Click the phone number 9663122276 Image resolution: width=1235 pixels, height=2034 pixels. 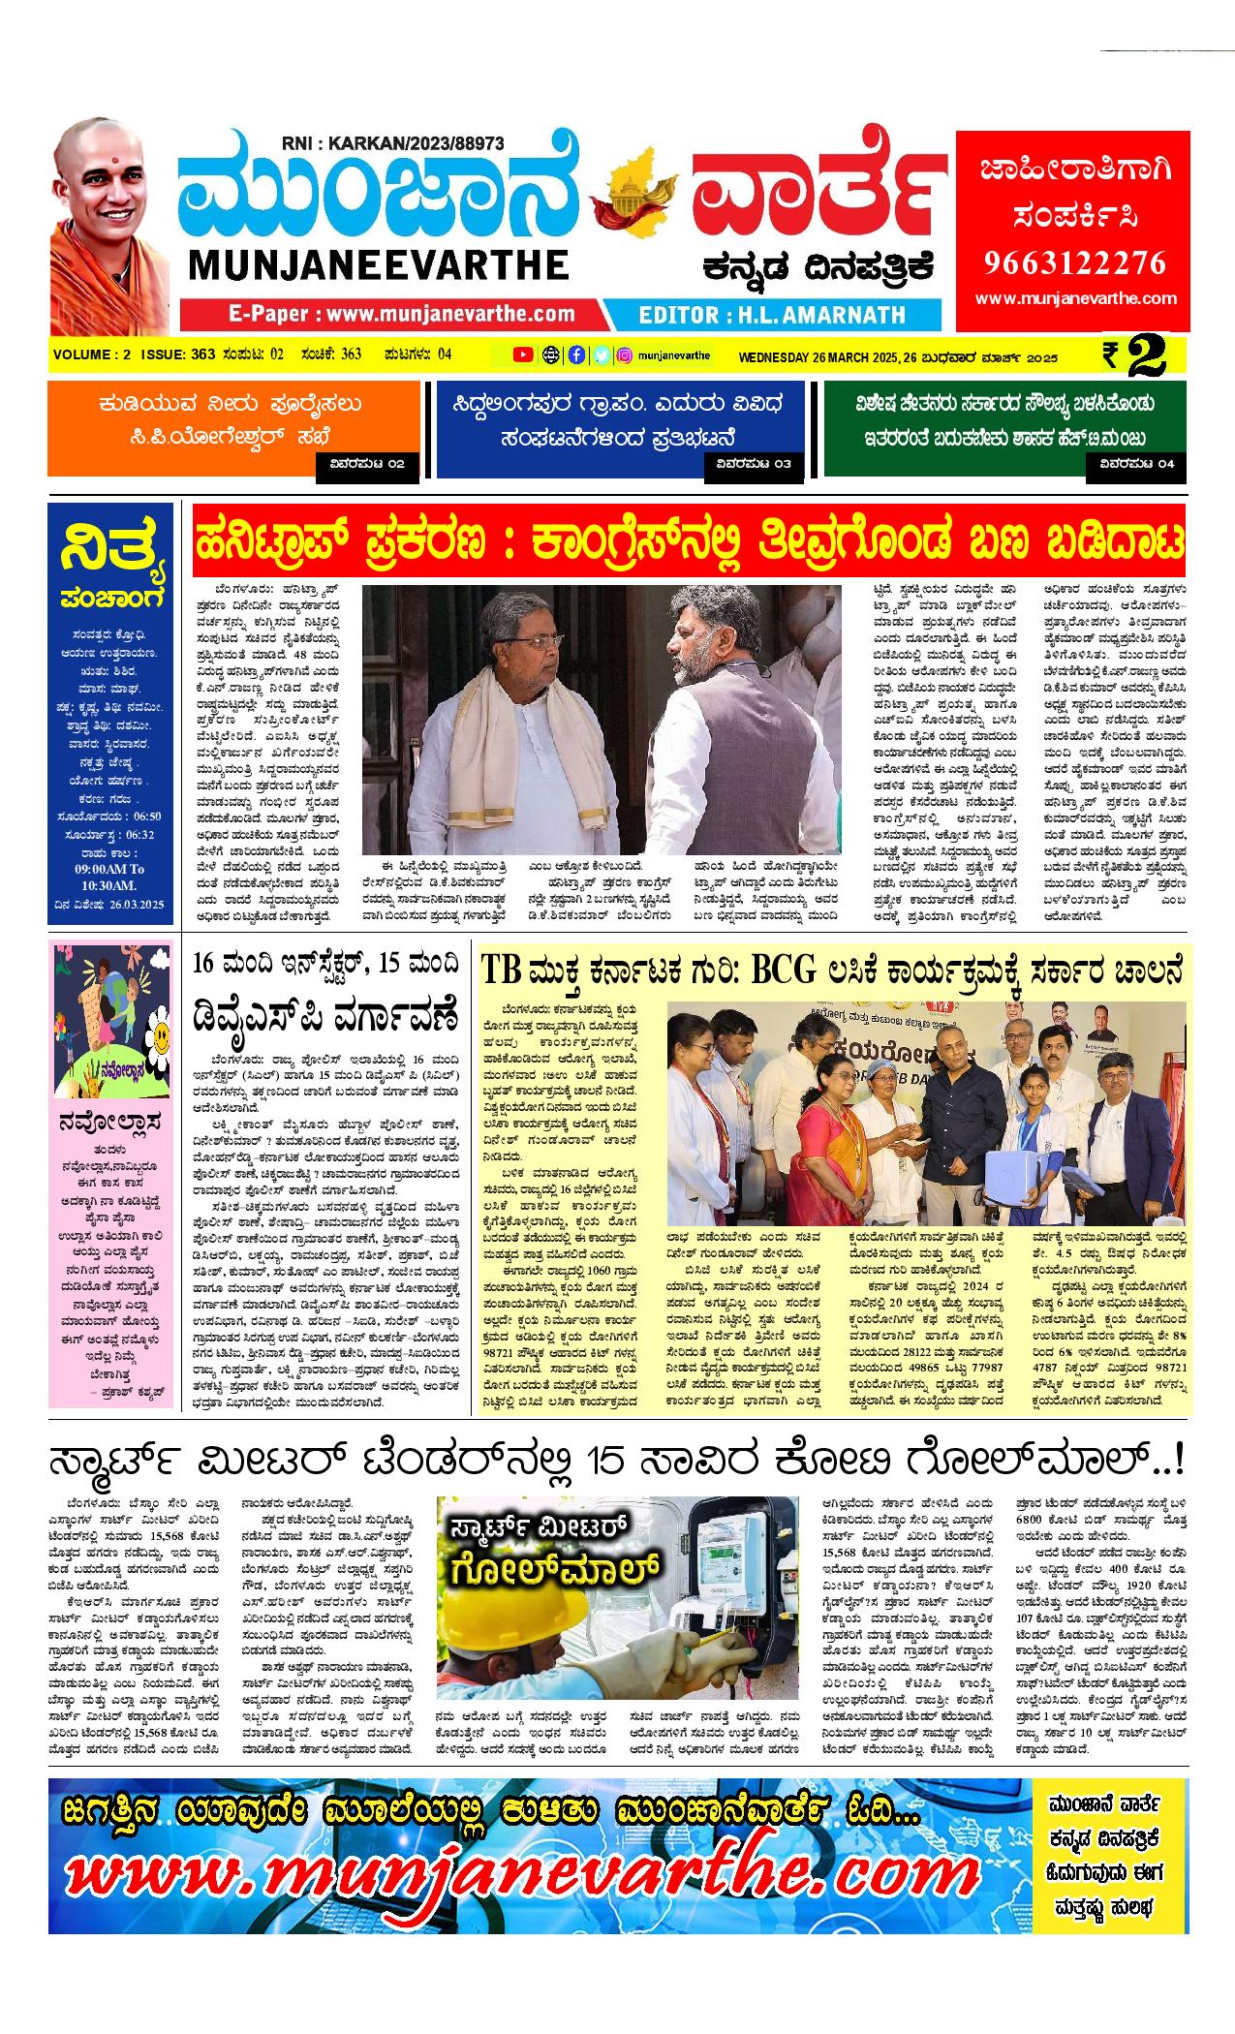coord(1072,262)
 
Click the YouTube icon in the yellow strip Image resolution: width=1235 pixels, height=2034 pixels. coord(523,354)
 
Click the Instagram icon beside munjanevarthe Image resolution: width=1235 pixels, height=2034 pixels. coord(626,354)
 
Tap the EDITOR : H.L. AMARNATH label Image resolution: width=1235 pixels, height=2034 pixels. coord(772,314)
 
